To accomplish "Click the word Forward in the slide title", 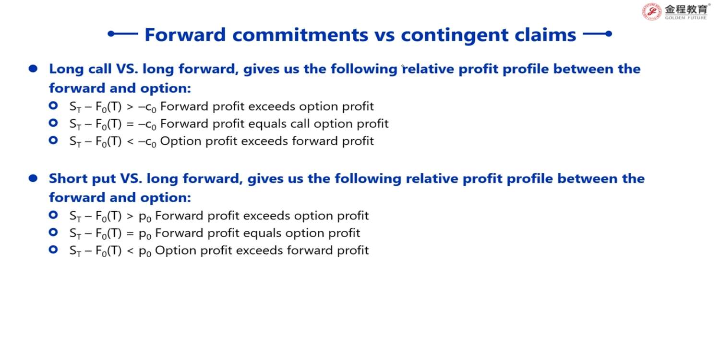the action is pyautogui.click(x=185, y=35).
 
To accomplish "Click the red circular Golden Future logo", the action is pyautogui.click(x=651, y=12).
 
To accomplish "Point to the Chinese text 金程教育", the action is pyautogui.click(x=686, y=9).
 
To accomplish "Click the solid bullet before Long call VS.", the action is pyautogui.click(x=33, y=69).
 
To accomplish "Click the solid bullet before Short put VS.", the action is pyautogui.click(x=33, y=178).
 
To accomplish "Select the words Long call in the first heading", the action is pyautogui.click(x=80, y=69).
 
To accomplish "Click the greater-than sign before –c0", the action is pyautogui.click(x=130, y=107).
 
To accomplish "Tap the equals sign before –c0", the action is pyautogui.click(x=130, y=124).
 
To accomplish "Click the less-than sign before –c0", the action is pyautogui.click(x=130, y=142).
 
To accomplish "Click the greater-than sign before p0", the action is pyautogui.click(x=130, y=216).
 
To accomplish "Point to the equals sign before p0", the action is pyautogui.click(x=130, y=233).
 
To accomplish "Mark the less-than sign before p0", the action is pyautogui.click(x=130, y=251).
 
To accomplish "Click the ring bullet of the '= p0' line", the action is pyautogui.click(x=53, y=232).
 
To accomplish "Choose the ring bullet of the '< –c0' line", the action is pyautogui.click(x=53, y=140).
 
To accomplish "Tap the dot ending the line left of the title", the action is pyautogui.click(x=111, y=34).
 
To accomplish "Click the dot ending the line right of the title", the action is pyautogui.click(x=609, y=34).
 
